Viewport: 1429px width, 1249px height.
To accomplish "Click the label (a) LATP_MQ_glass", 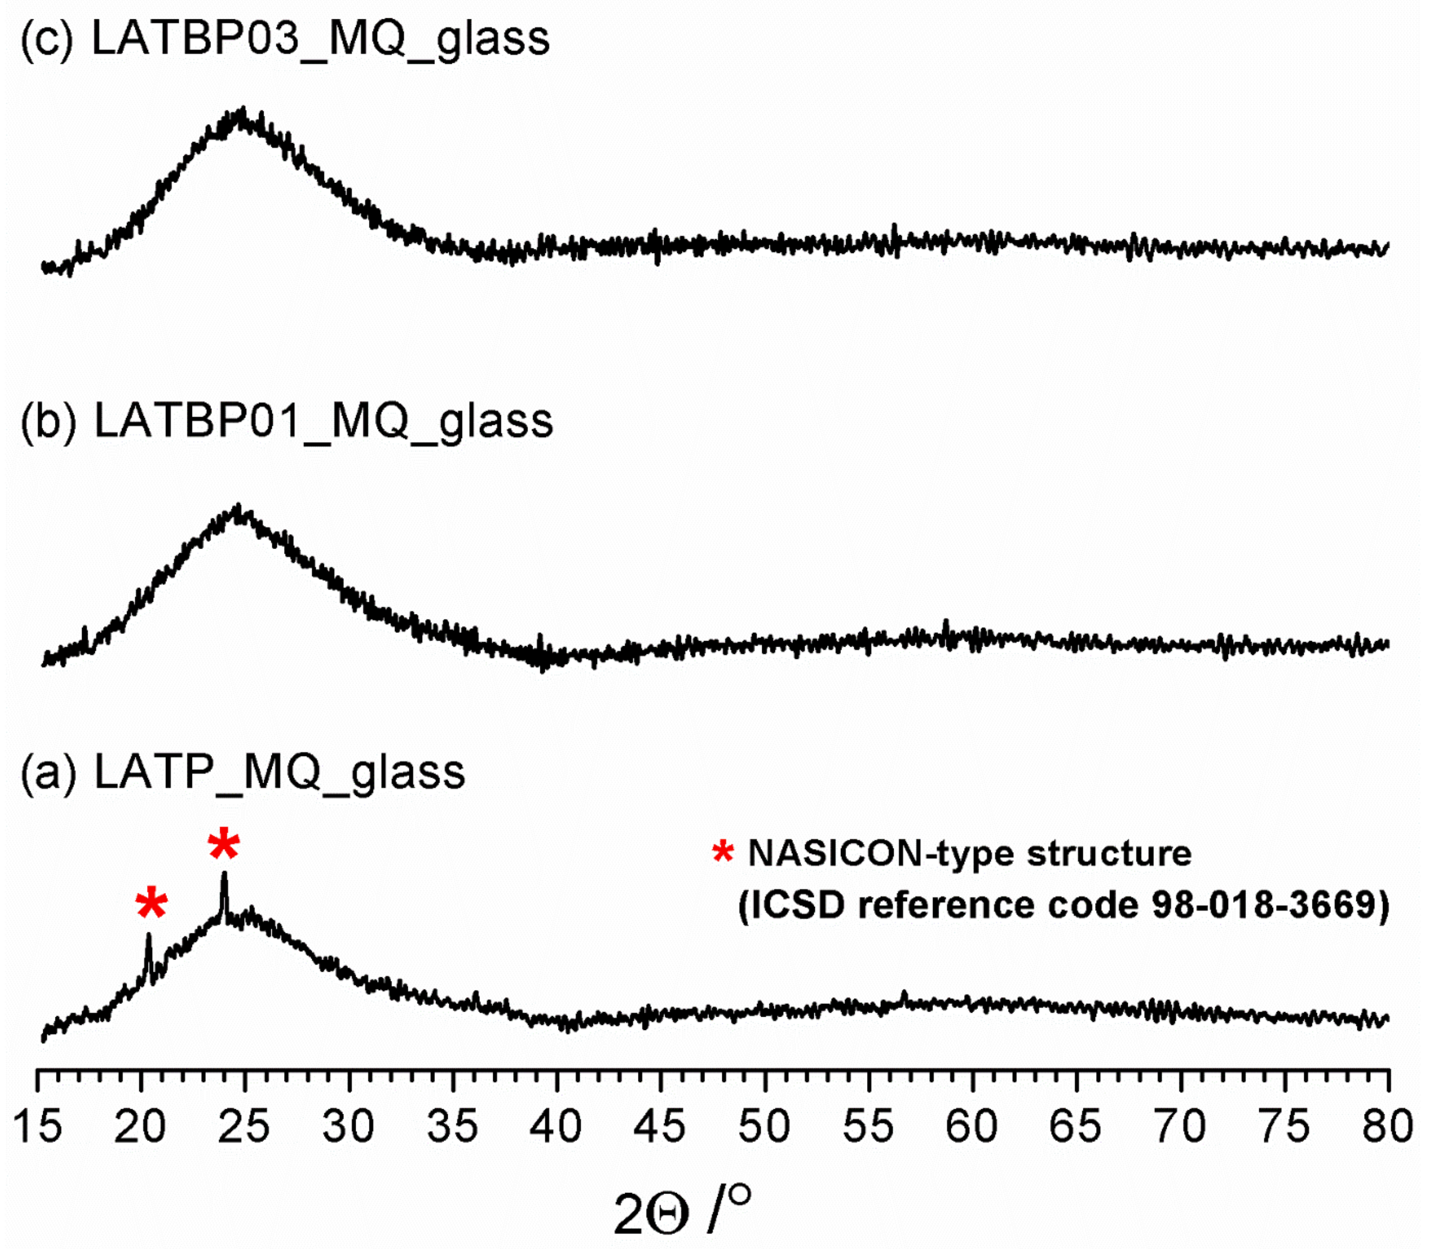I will coord(242,772).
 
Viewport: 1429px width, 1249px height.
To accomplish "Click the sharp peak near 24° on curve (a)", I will coord(224,875).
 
